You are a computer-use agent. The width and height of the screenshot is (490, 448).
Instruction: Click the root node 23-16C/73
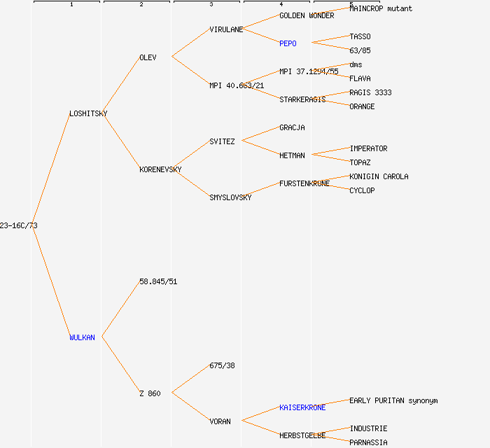click(x=19, y=225)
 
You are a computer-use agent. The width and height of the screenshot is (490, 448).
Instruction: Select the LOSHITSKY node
click(x=88, y=113)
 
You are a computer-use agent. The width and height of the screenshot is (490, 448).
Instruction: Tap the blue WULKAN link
click(x=82, y=337)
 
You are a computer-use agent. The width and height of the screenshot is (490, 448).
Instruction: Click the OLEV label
click(x=148, y=57)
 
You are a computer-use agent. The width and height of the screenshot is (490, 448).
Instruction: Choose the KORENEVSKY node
click(x=160, y=169)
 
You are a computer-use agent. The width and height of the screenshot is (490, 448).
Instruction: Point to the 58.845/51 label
click(x=158, y=281)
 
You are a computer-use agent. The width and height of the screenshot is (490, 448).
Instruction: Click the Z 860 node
click(x=150, y=393)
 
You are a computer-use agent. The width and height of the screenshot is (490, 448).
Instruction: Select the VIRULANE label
click(x=226, y=29)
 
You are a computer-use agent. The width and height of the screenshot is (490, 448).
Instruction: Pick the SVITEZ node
click(x=222, y=141)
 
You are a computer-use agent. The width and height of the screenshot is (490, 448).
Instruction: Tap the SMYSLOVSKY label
click(x=230, y=197)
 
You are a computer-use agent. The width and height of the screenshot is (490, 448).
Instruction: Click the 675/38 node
click(x=222, y=365)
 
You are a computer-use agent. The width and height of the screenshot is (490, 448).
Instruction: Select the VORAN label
click(x=220, y=421)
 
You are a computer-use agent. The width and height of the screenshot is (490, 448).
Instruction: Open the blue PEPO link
click(x=288, y=43)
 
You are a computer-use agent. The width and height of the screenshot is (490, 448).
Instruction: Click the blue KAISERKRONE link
click(x=302, y=407)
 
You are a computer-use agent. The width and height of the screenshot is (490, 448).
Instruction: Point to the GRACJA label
click(x=292, y=127)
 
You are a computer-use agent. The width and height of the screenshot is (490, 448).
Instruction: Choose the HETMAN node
click(x=292, y=155)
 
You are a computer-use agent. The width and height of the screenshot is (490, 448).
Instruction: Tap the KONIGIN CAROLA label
click(x=379, y=176)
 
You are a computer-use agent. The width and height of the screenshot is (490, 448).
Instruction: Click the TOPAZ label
click(x=360, y=162)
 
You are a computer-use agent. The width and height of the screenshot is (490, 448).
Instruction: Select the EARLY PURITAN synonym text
click(x=393, y=400)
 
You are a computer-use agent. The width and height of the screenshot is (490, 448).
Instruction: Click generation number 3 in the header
click(x=211, y=5)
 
